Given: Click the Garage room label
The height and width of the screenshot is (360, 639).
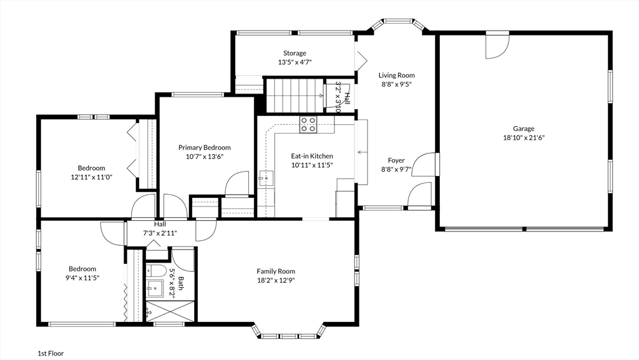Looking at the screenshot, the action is pyautogui.click(x=524, y=129).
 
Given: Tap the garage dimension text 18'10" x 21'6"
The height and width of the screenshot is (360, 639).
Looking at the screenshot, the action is pyautogui.click(x=524, y=138).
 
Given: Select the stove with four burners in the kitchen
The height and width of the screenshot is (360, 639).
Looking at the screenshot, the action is pyautogui.click(x=308, y=125).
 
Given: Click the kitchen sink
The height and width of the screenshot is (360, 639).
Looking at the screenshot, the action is pyautogui.click(x=266, y=178).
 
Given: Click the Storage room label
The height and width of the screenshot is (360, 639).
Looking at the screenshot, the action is pyautogui.click(x=295, y=54).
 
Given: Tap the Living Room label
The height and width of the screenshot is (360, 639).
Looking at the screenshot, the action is pyautogui.click(x=396, y=75).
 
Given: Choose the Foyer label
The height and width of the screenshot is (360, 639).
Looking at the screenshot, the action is pyautogui.click(x=396, y=160).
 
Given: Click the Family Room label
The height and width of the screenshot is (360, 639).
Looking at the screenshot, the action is pyautogui.click(x=276, y=271).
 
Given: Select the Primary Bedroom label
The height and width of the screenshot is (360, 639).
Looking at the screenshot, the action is pyautogui.click(x=205, y=147).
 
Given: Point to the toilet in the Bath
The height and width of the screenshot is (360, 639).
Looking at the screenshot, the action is pyautogui.click(x=156, y=271).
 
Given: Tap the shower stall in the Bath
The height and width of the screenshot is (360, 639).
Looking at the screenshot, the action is pyautogui.click(x=170, y=311).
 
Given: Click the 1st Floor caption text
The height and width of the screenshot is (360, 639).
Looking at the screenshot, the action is pyautogui.click(x=51, y=354).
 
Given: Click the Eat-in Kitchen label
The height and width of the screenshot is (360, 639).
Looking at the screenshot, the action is pyautogui.click(x=312, y=156).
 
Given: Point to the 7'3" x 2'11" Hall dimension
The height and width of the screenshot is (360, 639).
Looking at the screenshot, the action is pyautogui.click(x=160, y=233).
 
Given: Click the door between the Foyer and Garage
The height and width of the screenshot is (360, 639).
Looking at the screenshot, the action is pyautogui.click(x=424, y=165).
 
